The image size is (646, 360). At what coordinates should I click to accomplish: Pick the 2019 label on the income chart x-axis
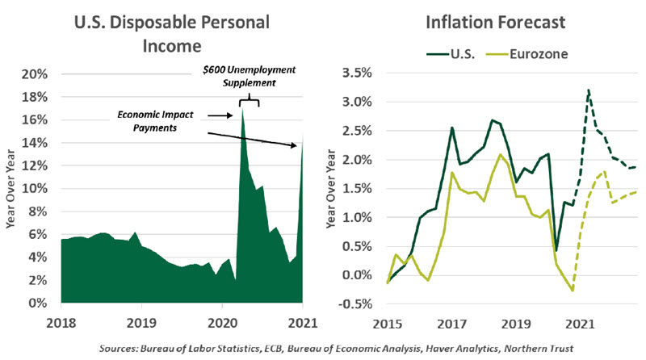pyautogui.click(x=142, y=320)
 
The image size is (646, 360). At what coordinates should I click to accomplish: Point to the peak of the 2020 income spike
pyautogui.click(x=242, y=109)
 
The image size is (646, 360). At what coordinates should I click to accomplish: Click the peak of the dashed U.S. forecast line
pyautogui.click(x=589, y=90)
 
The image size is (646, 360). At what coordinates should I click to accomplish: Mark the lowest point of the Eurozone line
pyautogui.click(x=573, y=291)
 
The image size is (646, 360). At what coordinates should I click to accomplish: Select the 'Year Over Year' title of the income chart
pyautogui.click(x=10, y=190)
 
